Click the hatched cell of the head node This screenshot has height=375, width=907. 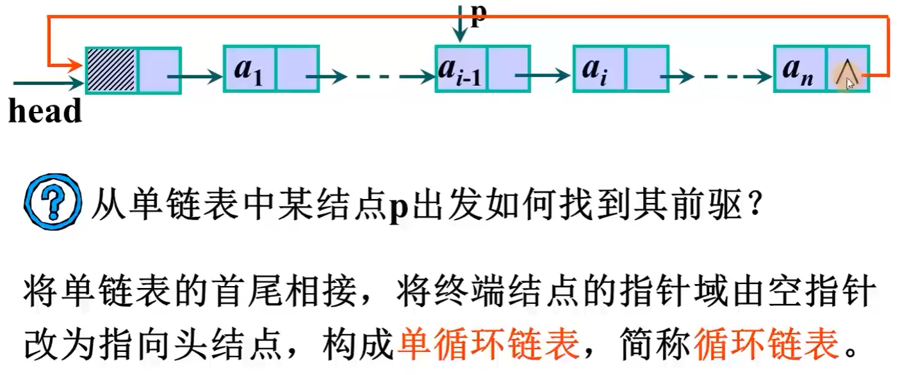pyautogui.click(x=111, y=70)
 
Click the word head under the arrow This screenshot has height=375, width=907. pyautogui.click(x=45, y=111)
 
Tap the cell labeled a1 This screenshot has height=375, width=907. pyautogui.click(x=249, y=69)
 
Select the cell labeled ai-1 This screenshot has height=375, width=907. pyautogui.click(x=461, y=69)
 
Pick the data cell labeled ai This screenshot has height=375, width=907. pyautogui.click(x=598, y=69)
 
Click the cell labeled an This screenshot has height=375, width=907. pyautogui.click(x=800, y=69)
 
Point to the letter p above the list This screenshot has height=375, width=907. pyautogui.click(x=478, y=14)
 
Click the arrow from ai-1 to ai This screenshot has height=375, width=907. pyautogui.click(x=541, y=76)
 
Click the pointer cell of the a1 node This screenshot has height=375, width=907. pyautogui.click(x=297, y=69)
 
